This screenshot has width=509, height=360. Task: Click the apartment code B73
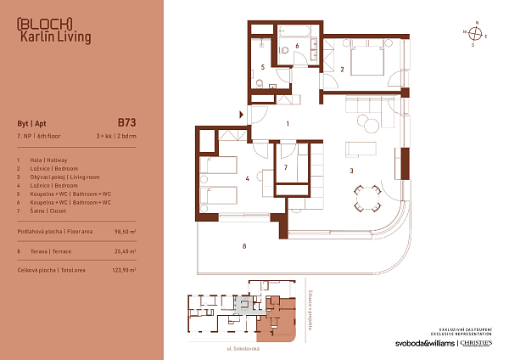click(126, 121)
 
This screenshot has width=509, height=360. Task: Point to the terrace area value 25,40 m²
click(125, 251)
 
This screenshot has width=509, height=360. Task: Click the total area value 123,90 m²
click(124, 271)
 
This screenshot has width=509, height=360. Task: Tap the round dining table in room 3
click(366, 201)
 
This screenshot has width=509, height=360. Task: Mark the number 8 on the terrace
click(244, 247)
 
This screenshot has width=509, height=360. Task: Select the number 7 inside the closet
click(287, 168)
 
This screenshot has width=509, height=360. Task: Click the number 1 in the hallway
click(288, 125)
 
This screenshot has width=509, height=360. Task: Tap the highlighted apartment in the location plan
click(278, 320)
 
